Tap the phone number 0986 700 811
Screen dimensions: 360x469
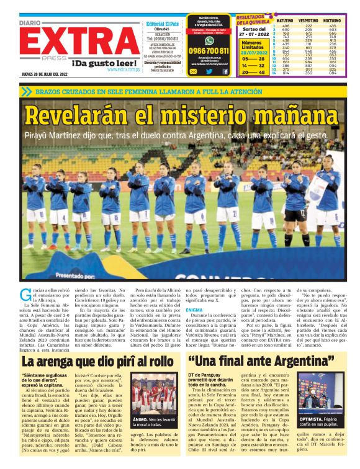(x=209, y=50)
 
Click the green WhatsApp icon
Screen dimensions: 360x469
(x=193, y=71)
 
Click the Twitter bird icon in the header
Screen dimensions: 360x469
(x=209, y=71)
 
